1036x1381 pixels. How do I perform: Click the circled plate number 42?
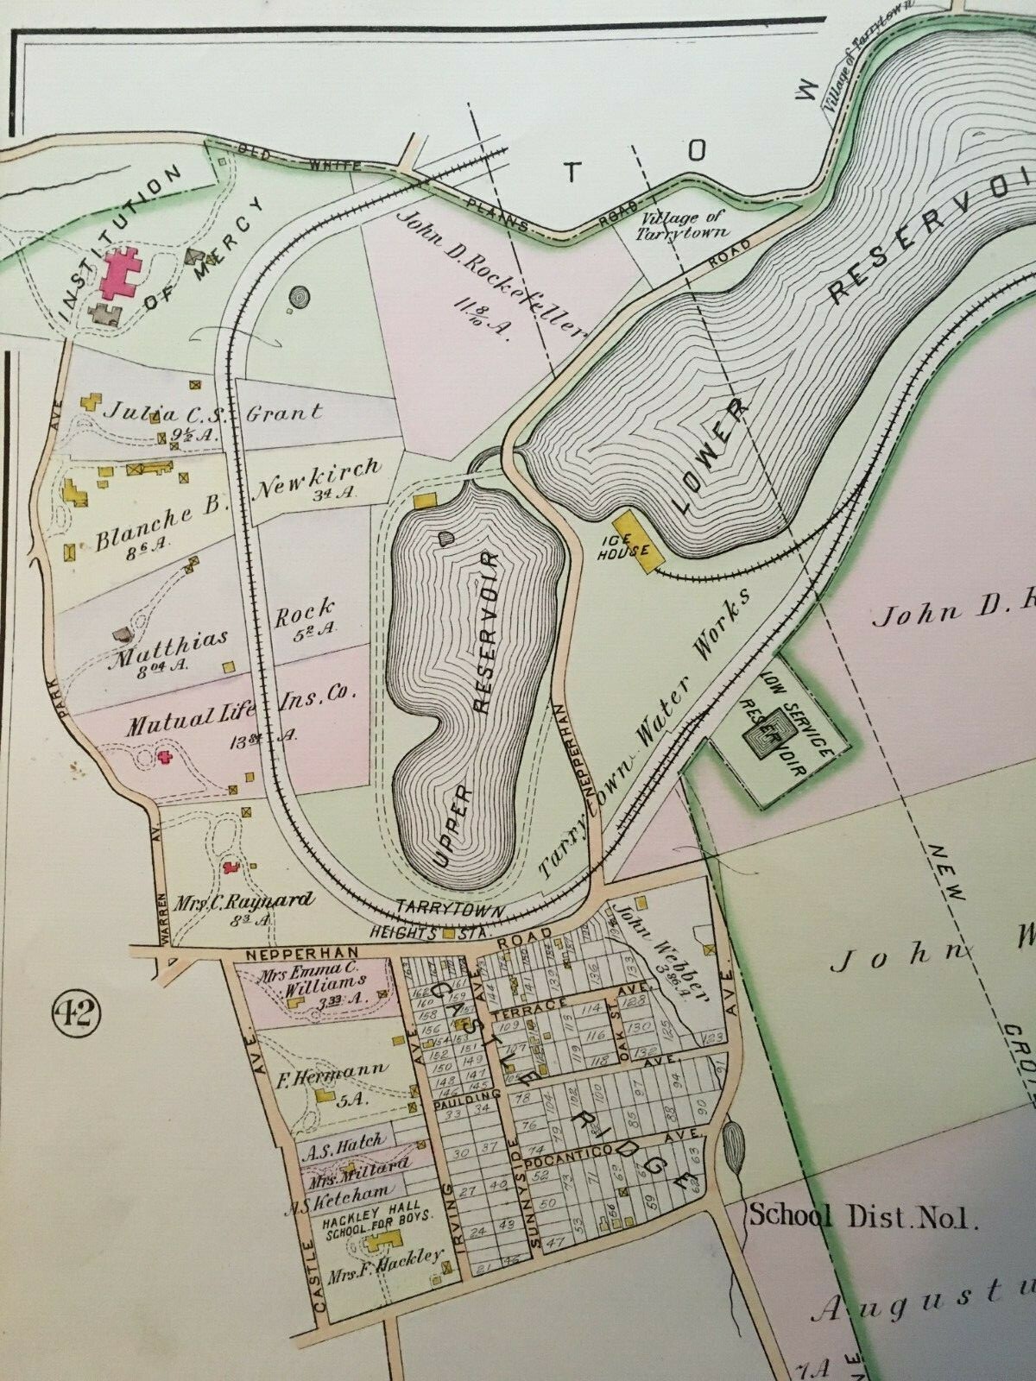77,1010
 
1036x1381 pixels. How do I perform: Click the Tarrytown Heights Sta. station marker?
448,933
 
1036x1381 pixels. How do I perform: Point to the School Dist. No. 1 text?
862,1217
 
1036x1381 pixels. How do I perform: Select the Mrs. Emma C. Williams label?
313,981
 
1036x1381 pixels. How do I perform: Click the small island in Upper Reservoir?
445,538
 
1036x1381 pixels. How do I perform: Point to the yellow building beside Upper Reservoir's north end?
426,501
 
